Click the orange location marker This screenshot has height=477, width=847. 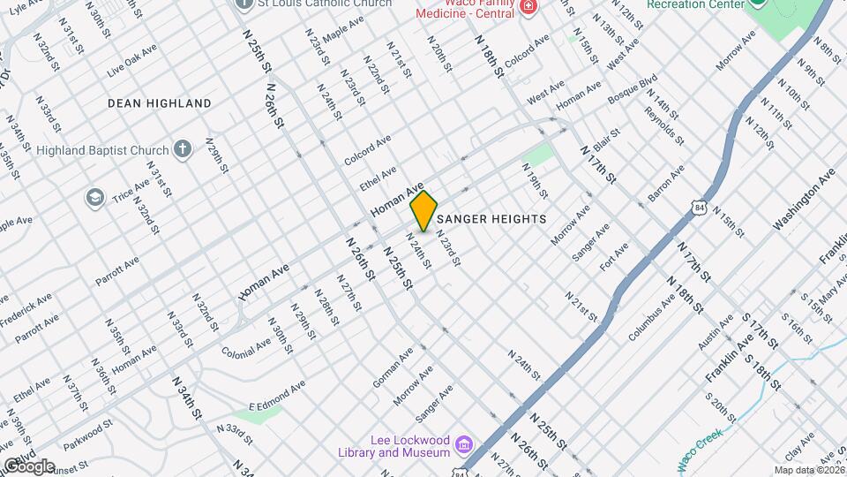(424, 210)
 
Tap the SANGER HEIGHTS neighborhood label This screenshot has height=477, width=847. (491, 218)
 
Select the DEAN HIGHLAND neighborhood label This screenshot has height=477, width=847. (160, 103)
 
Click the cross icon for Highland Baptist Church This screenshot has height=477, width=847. (183, 148)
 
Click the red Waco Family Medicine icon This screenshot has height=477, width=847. (528, 7)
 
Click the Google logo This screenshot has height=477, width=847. (28, 466)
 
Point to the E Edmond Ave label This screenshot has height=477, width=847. (276, 396)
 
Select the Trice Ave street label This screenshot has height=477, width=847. (131, 188)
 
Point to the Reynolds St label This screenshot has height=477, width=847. (664, 125)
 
